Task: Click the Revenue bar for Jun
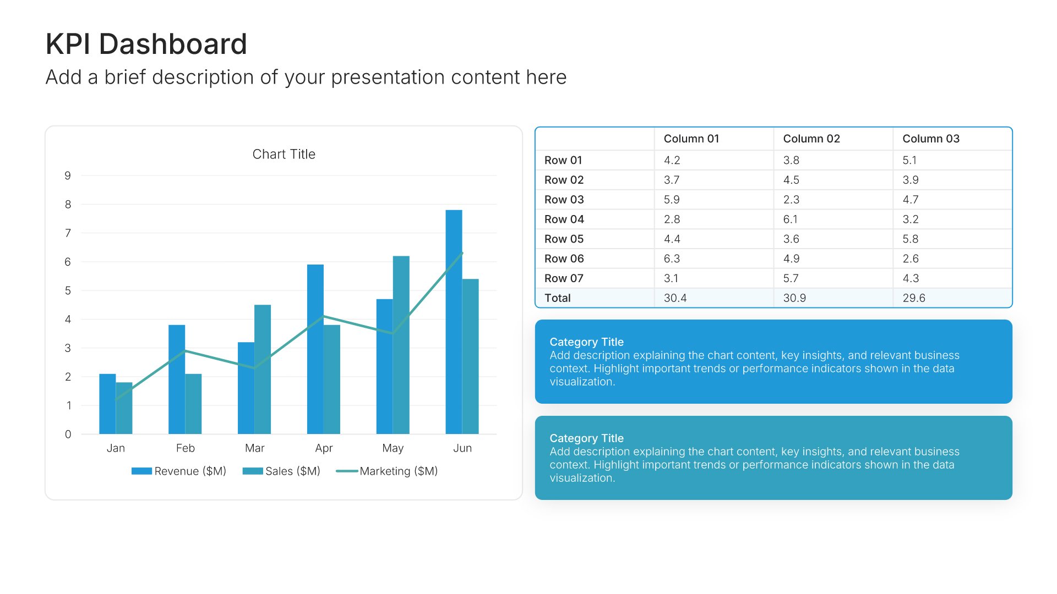(x=454, y=322)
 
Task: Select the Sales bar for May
(x=401, y=345)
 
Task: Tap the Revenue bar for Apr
(x=315, y=349)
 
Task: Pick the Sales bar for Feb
(x=193, y=404)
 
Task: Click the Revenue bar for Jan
(x=107, y=404)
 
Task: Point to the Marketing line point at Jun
(x=462, y=253)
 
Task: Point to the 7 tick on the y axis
(x=68, y=233)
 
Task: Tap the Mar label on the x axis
(x=254, y=448)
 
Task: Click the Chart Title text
(x=284, y=155)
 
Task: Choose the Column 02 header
(x=811, y=139)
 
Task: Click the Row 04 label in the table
(x=564, y=219)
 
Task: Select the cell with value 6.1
(x=790, y=219)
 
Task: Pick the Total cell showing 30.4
(x=675, y=298)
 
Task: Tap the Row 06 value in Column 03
(x=911, y=258)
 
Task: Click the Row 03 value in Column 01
(x=672, y=200)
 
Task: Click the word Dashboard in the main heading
(x=173, y=44)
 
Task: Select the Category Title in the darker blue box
(x=586, y=342)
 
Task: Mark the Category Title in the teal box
(x=586, y=438)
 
